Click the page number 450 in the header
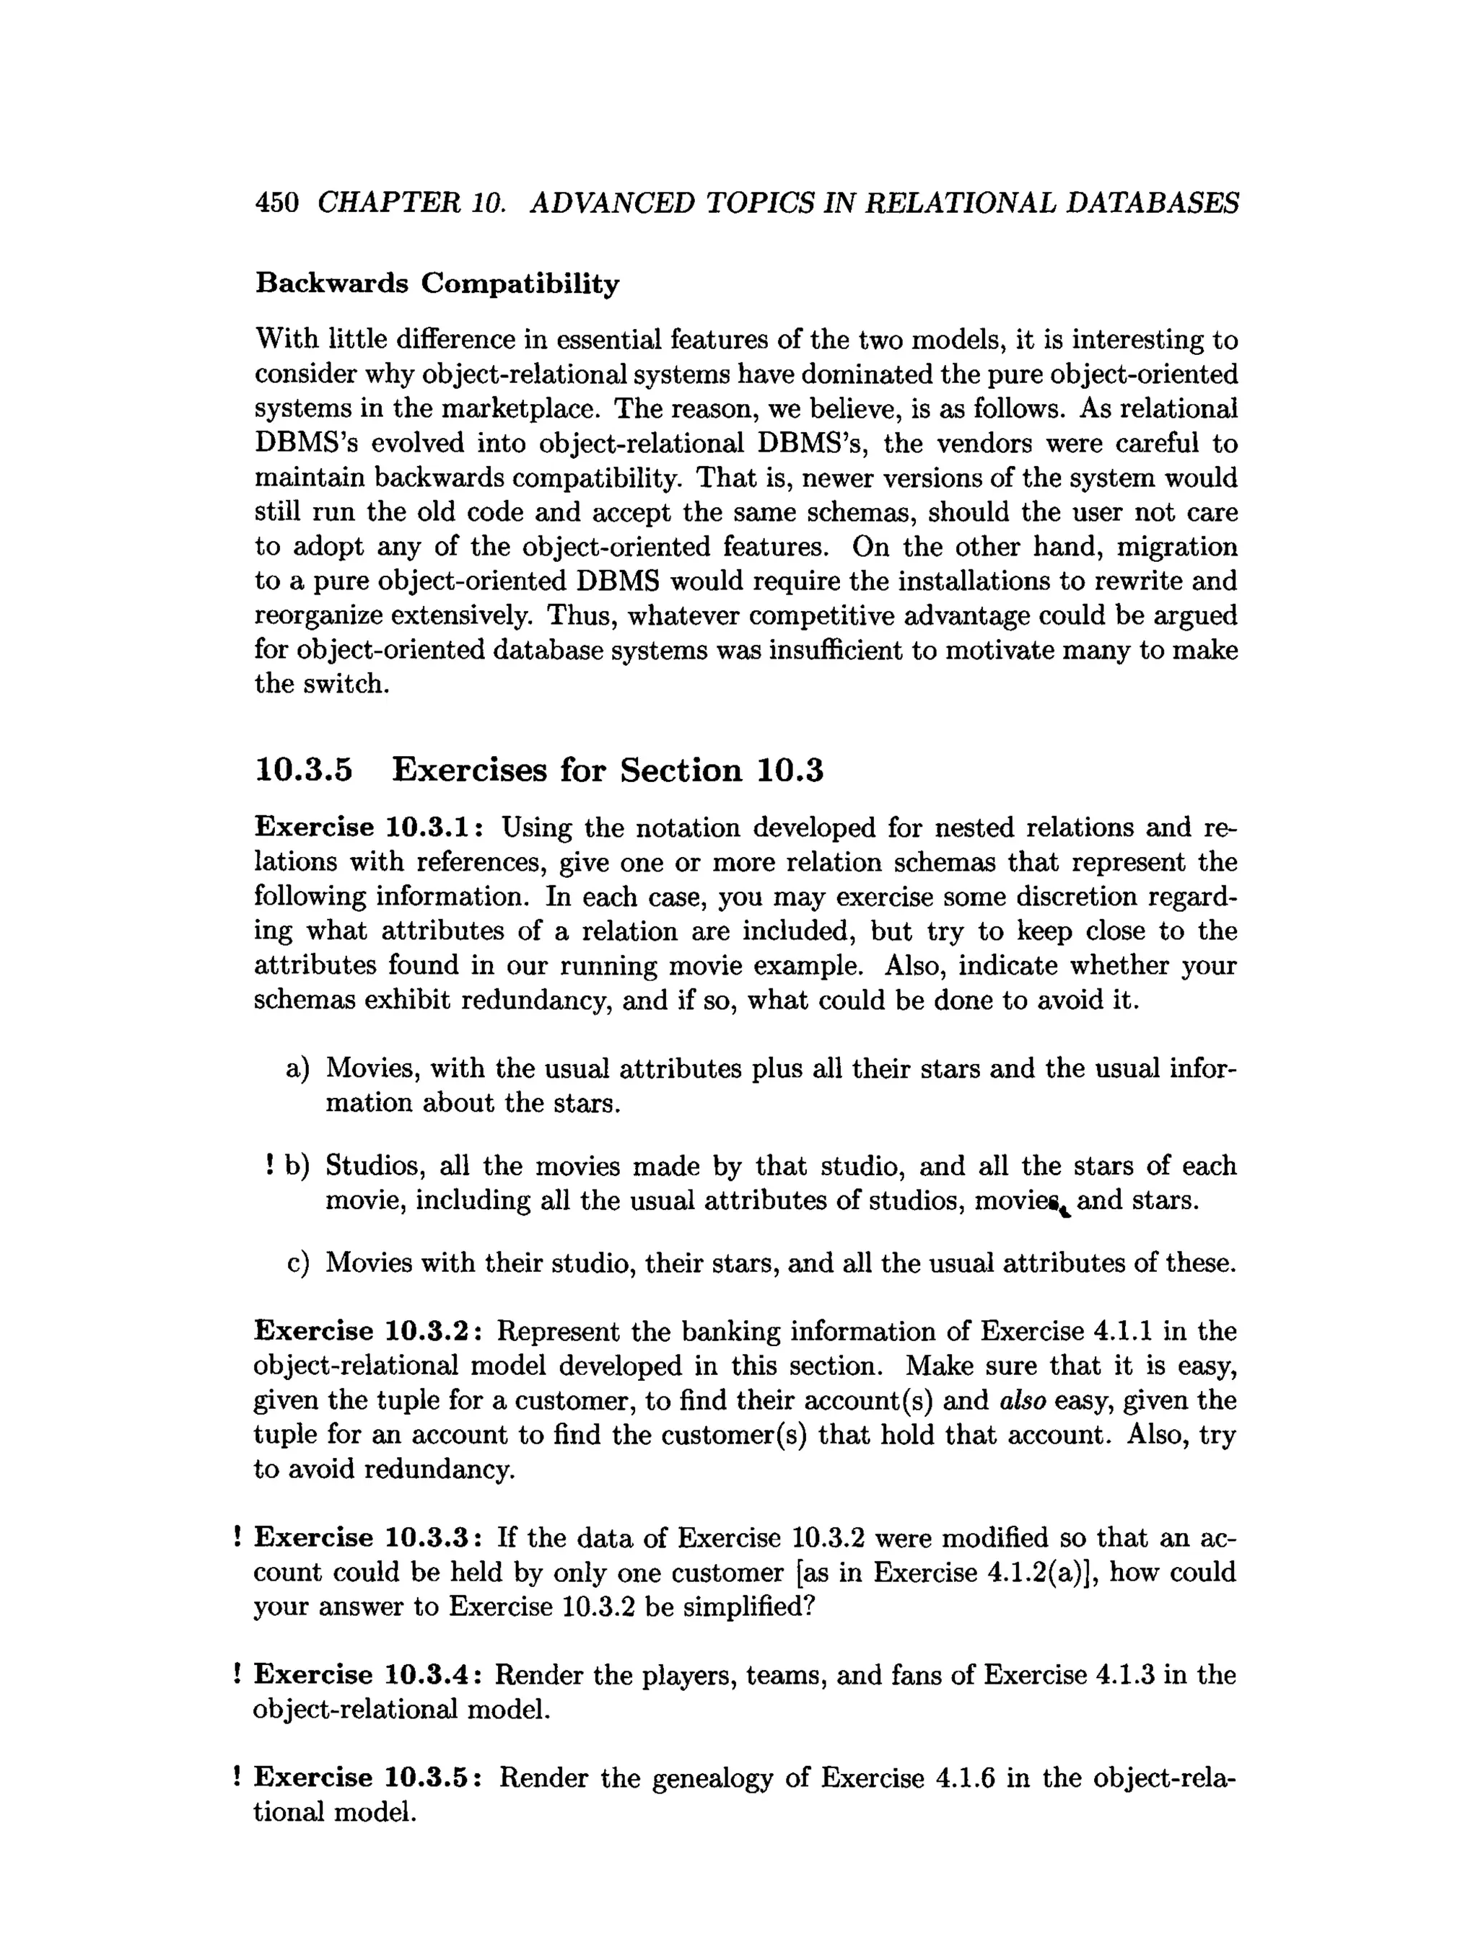pos(276,203)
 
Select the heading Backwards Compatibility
pos(437,284)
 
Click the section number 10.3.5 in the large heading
pos(303,770)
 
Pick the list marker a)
pos(298,1068)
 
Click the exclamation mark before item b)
pos(267,1166)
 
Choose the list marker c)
pos(298,1263)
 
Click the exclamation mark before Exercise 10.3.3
pos(237,1538)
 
